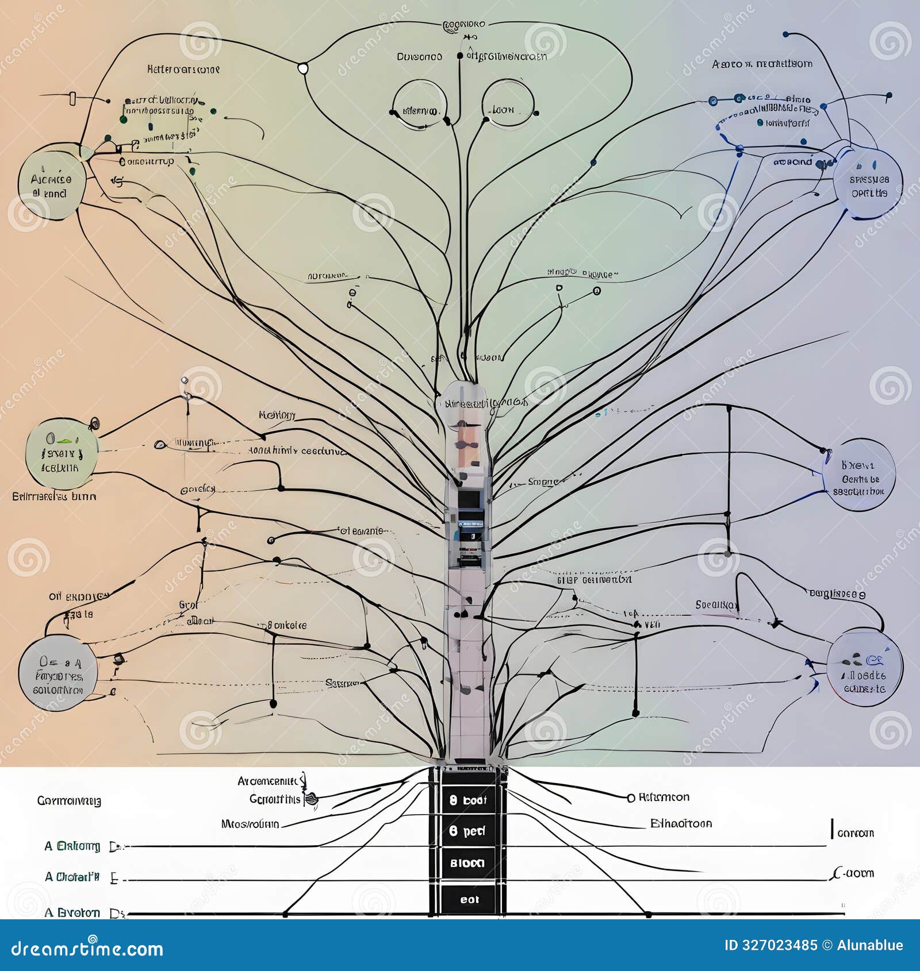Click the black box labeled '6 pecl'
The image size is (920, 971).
click(x=467, y=831)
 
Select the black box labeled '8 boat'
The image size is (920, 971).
click(x=467, y=800)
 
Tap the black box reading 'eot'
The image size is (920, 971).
click(x=469, y=899)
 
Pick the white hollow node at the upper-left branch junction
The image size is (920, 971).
click(x=303, y=68)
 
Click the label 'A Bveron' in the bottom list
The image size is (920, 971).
click(x=72, y=912)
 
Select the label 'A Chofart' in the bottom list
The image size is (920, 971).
click(x=72, y=877)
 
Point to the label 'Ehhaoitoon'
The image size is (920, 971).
click(x=681, y=823)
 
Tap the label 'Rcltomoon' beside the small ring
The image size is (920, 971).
click(x=664, y=797)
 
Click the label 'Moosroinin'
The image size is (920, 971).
click(x=250, y=824)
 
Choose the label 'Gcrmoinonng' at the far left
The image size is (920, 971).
click(x=69, y=800)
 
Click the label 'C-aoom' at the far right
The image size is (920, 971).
click(x=854, y=873)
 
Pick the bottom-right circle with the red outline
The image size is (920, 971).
click(x=864, y=668)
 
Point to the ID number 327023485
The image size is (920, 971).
click(x=770, y=945)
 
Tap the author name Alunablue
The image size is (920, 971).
click(x=869, y=945)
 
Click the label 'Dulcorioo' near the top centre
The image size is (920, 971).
click(x=419, y=56)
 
